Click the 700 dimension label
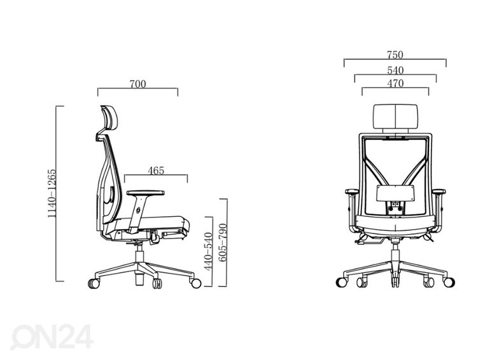tap(137, 84)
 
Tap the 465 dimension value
tap(156, 170)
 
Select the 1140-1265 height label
tap(52, 193)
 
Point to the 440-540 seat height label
tap(209, 251)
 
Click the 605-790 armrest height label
tap(223, 242)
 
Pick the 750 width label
tap(395, 55)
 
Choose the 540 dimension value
tap(395, 71)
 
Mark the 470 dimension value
tap(395, 83)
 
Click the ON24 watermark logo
tap(52, 336)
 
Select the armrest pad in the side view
tap(146, 193)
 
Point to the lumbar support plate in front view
tap(395, 193)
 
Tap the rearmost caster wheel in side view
tap(94, 283)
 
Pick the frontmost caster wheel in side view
tap(195, 283)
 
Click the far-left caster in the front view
tap(341, 282)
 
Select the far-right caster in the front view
tap(449, 282)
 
